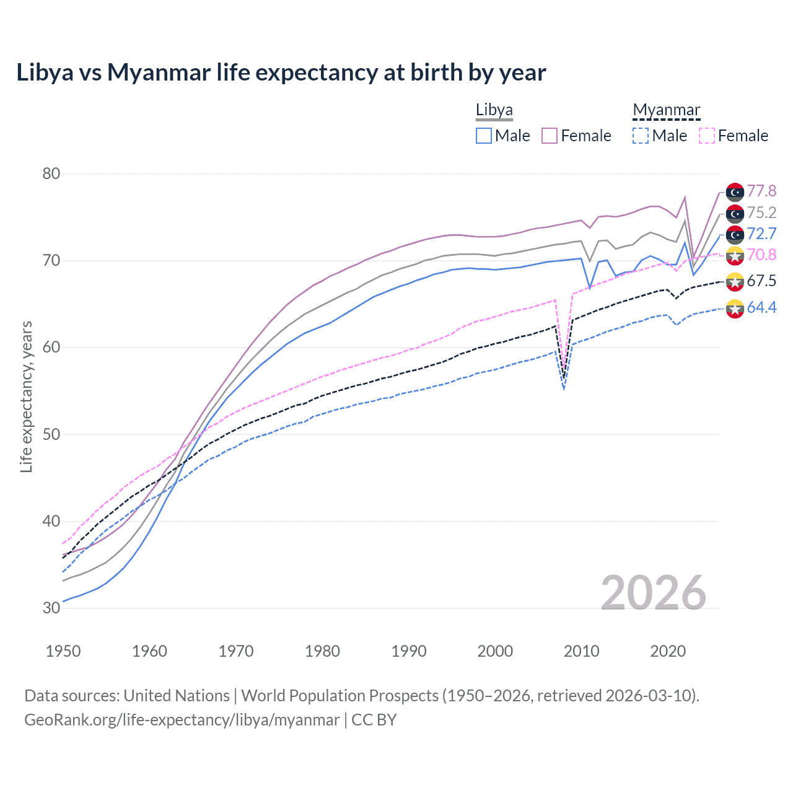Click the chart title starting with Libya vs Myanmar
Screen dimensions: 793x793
click(281, 72)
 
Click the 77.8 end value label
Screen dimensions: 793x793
click(761, 191)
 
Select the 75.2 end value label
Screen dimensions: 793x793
click(761, 213)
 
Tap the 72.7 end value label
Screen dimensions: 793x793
click(761, 234)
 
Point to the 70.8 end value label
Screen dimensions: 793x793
click(761, 255)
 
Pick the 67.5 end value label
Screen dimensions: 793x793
click(761, 281)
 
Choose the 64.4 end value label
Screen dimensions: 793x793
click(761, 307)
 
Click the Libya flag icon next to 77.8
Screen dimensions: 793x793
click(735, 192)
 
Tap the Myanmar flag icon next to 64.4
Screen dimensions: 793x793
click(735, 309)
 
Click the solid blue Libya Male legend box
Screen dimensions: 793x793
click(484, 136)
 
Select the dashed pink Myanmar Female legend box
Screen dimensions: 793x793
click(707, 136)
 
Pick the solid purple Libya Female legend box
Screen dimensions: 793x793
click(550, 136)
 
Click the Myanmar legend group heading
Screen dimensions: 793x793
click(666, 110)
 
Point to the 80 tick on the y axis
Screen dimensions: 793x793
click(51, 174)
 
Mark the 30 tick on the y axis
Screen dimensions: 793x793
click(51, 608)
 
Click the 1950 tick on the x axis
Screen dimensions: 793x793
click(63, 651)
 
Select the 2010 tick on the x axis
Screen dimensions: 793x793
click(581, 651)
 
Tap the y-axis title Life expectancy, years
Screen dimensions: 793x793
click(26, 396)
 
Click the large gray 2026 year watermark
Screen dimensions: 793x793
click(653, 593)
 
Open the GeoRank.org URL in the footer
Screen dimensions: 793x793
click(182, 720)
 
